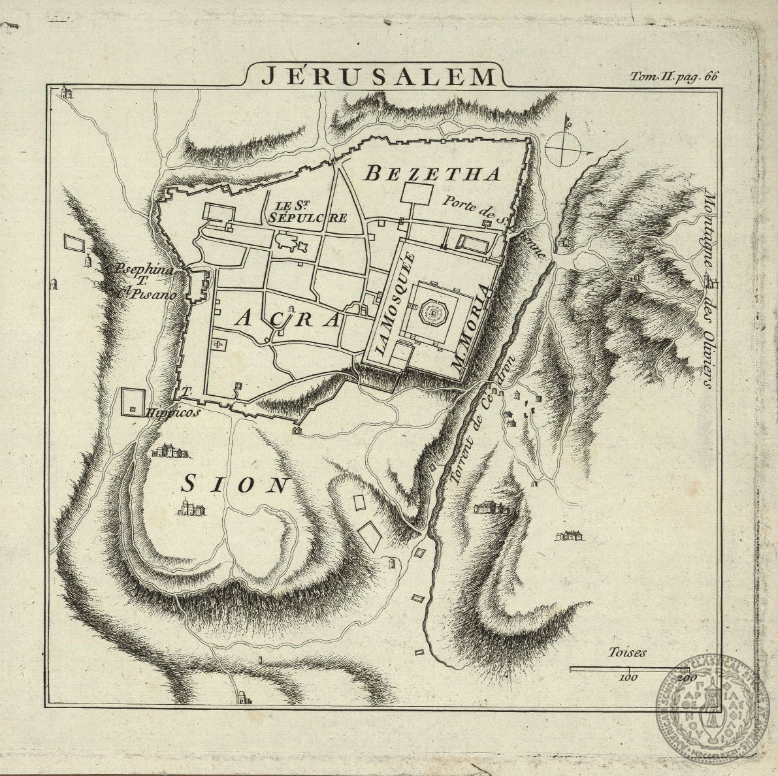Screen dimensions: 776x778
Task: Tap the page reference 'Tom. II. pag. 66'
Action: (673, 76)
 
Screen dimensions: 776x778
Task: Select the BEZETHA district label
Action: (432, 174)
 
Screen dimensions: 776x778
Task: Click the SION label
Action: (235, 485)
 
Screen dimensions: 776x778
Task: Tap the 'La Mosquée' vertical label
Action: (388, 302)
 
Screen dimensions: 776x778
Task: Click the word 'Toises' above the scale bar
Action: (626, 653)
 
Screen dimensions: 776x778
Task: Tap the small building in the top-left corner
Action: (65, 92)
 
